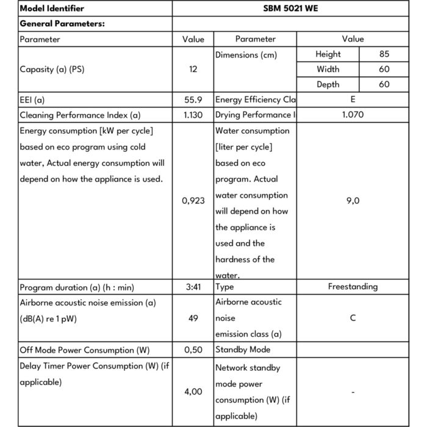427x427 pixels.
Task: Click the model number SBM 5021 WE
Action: coord(290,9)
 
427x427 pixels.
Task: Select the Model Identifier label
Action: coord(52,9)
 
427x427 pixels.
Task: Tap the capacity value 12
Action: coord(193,70)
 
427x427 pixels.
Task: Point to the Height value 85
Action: coord(384,54)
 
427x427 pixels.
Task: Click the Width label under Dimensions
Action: coord(328,70)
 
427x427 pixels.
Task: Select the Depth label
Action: coord(328,85)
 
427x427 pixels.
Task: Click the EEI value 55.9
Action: coord(193,99)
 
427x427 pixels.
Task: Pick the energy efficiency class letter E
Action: coord(353,99)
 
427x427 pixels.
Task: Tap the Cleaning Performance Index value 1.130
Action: coord(193,115)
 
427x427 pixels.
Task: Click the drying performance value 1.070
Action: coord(353,115)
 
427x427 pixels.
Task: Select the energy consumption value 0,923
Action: coord(193,201)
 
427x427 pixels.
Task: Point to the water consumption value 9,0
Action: coord(353,201)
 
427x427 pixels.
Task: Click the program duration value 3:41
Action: coord(193,287)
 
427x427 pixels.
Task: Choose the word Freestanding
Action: coord(353,287)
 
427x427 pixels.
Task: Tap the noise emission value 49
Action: coord(193,318)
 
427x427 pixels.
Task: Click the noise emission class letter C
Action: coord(353,318)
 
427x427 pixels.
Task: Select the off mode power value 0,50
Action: coord(193,350)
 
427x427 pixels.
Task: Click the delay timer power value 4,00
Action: coord(193,392)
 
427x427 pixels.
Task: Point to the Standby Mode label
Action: coord(243,350)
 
